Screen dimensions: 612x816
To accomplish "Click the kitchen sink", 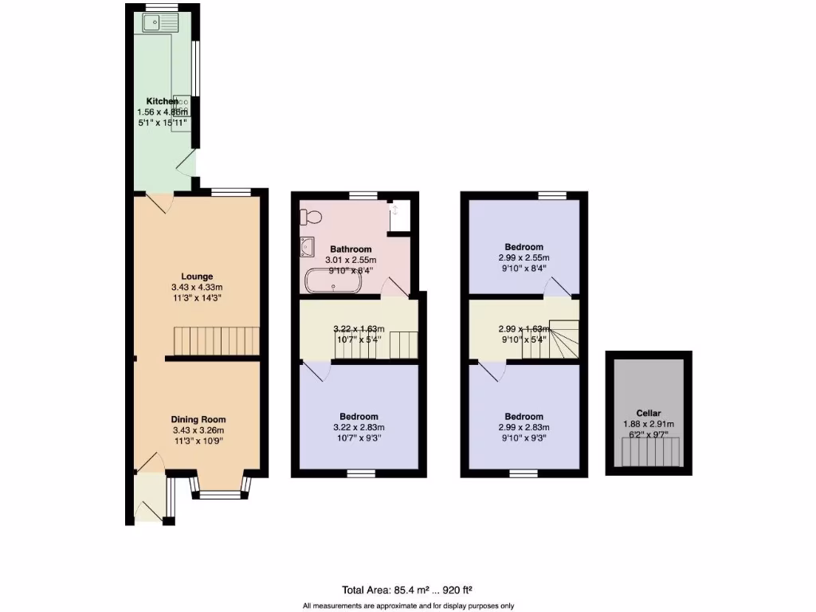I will tap(162, 23).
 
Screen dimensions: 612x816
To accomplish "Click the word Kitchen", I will tap(162, 101).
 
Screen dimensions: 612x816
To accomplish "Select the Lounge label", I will tap(196, 277).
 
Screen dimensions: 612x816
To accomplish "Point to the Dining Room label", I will tap(198, 419).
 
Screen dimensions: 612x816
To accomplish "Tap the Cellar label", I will tap(648, 413).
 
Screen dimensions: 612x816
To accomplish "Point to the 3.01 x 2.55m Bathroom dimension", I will tap(351, 261).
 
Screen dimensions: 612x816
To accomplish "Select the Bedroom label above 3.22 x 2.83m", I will tap(359, 417).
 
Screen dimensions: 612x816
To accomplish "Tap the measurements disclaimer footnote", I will tap(408, 606).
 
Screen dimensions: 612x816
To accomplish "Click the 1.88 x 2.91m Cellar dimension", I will tap(648, 424).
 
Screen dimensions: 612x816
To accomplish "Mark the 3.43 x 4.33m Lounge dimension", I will tap(196, 288).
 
